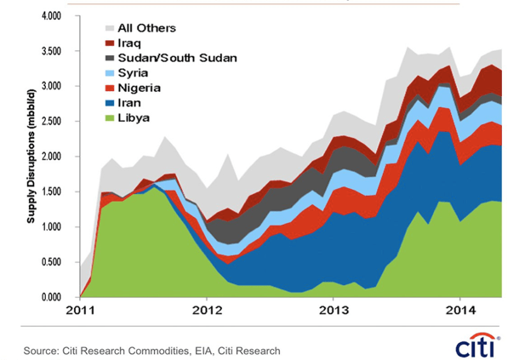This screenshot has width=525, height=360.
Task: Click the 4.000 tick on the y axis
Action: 51,16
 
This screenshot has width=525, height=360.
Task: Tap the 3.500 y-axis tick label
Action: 51,51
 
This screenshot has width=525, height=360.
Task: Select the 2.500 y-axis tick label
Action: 51,122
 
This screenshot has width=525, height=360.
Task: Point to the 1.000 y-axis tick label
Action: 51,227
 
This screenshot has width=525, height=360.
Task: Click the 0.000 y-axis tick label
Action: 51,297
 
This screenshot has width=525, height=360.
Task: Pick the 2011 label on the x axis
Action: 80,311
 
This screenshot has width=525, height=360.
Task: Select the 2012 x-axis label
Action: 207,311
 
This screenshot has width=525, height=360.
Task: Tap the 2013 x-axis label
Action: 334,311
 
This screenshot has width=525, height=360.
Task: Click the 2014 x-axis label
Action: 460,311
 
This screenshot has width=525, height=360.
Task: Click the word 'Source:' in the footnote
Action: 42,350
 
